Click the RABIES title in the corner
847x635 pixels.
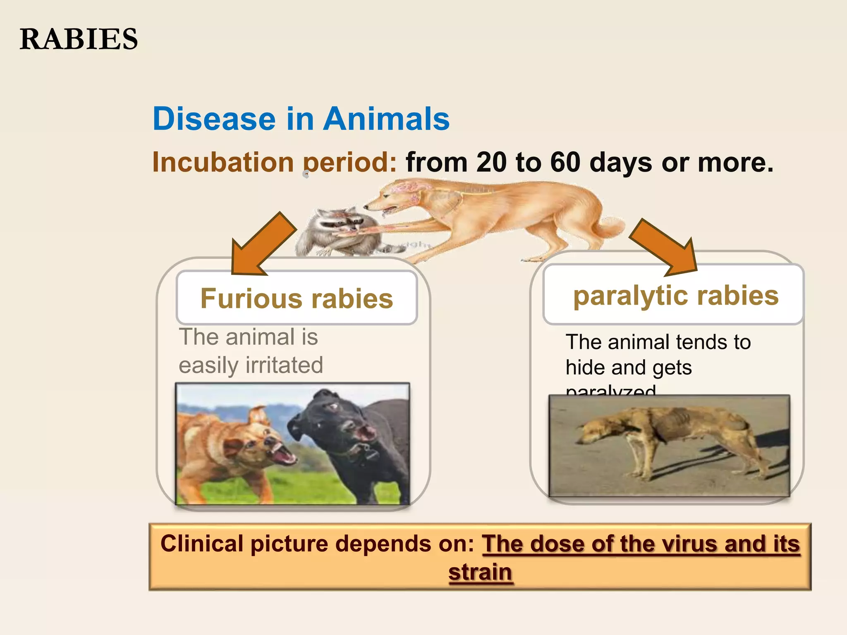click(79, 39)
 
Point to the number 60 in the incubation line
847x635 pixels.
click(565, 162)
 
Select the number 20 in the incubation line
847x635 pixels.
click(491, 162)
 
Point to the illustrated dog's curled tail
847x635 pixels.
click(612, 227)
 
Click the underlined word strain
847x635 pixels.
click(481, 573)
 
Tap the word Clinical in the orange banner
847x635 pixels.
click(202, 544)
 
